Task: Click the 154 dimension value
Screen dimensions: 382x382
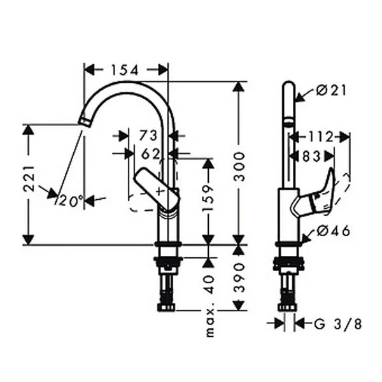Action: (x=125, y=70)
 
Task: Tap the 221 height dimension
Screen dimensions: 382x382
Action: (x=29, y=179)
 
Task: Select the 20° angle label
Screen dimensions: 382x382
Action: (x=71, y=201)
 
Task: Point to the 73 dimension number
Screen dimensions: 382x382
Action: (x=148, y=136)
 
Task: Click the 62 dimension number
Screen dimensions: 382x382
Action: (x=150, y=153)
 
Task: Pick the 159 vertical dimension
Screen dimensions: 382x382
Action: (x=208, y=198)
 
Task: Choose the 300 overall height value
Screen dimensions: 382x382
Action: (x=239, y=166)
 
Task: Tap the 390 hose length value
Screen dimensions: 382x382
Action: (x=239, y=278)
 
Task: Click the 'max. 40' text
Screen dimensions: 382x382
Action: (x=209, y=306)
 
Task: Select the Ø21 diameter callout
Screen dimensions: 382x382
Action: (x=331, y=90)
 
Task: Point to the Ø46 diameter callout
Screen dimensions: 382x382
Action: (x=333, y=230)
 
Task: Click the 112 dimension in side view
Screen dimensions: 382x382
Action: (x=321, y=137)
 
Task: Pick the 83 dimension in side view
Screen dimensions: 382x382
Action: (x=311, y=156)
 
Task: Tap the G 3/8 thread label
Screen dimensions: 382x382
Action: (x=338, y=324)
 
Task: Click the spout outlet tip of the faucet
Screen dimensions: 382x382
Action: (x=85, y=122)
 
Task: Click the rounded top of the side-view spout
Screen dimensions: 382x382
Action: (x=288, y=84)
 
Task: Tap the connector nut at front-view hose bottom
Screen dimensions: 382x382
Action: (x=167, y=308)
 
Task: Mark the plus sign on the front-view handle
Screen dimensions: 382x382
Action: (x=160, y=192)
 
